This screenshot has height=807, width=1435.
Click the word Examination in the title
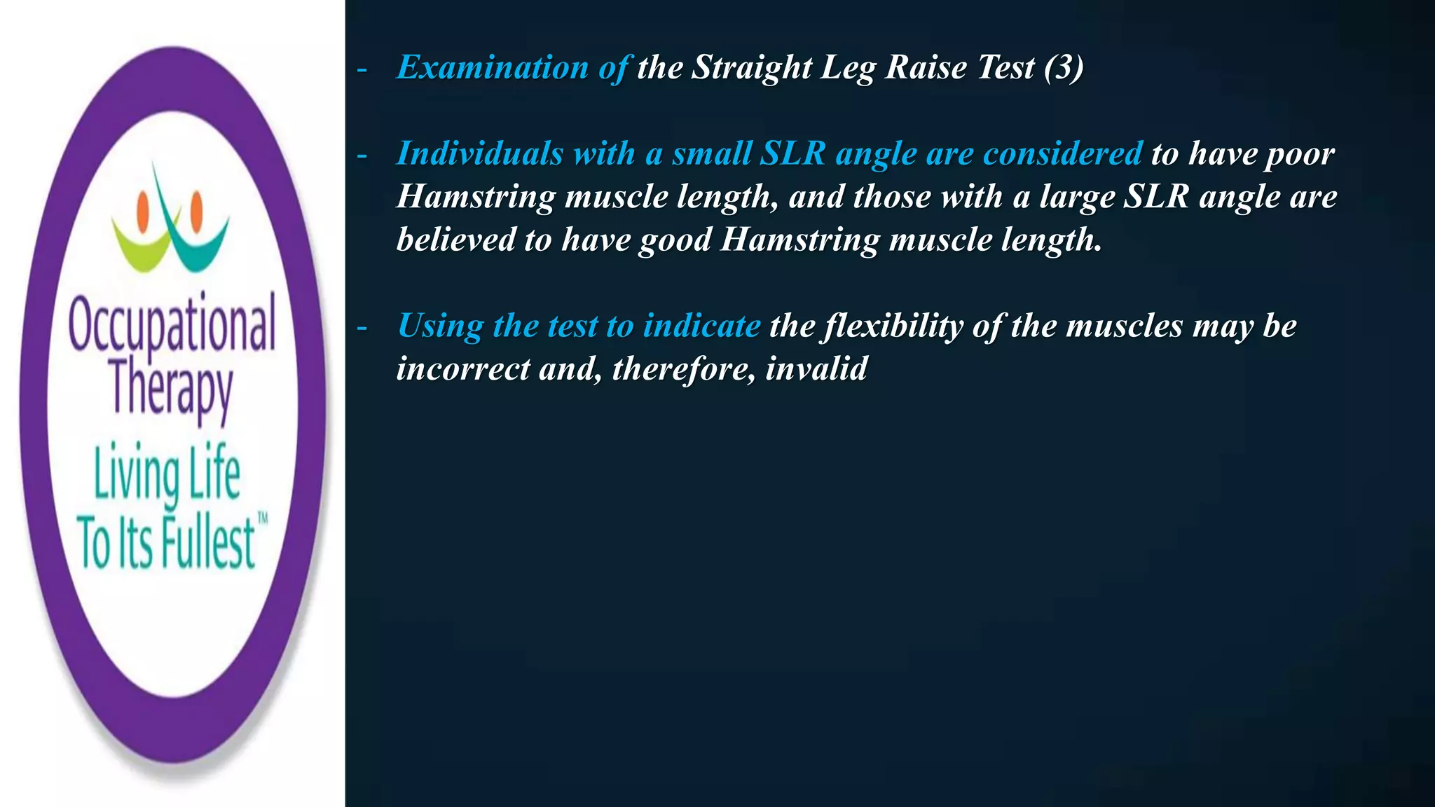[492, 68]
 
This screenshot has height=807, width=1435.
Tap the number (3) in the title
[1063, 68]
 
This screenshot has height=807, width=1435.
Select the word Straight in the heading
[752, 68]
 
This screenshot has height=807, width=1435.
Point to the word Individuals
[479, 153]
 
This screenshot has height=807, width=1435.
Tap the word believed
[455, 240]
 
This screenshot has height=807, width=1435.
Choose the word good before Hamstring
[675, 240]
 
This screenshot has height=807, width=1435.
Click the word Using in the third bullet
[440, 326]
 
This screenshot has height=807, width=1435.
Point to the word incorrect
[462, 368]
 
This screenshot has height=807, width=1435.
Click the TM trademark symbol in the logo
[263, 519]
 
